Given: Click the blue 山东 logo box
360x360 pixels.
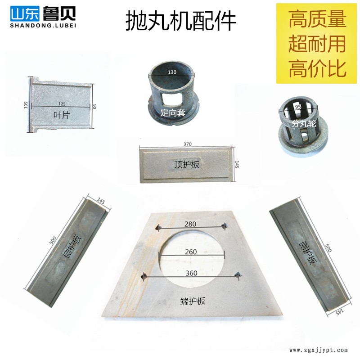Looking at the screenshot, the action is coord(25,13).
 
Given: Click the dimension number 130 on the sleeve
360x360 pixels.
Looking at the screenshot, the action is coord(172,72).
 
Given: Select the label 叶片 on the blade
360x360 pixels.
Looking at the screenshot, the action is coord(61,115).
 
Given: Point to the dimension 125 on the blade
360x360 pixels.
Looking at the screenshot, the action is coord(62,104).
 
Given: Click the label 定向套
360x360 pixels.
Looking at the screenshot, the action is coord(173,112).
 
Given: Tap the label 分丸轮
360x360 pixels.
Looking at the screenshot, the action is coord(304,123).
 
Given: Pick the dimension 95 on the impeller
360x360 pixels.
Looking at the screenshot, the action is coord(298,107).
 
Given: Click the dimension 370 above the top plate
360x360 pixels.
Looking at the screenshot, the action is coord(187,144).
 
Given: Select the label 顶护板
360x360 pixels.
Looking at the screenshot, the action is coord(187,164).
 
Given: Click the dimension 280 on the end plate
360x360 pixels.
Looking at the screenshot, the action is coord(190,224).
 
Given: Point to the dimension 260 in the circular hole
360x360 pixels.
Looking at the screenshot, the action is coord(191,252).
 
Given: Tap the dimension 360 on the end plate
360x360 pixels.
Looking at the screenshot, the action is coord(191,273).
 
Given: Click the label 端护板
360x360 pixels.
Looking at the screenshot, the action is coord(193,301).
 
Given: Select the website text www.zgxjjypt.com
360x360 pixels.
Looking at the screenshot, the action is coord(319,350).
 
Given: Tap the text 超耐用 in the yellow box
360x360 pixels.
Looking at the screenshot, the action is coord(317,44).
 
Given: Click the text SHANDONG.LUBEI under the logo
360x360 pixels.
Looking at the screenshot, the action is coord(43,26).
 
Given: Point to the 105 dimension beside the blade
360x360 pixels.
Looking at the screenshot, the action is coord(26,105).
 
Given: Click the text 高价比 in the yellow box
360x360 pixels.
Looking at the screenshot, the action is coord(317,68).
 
